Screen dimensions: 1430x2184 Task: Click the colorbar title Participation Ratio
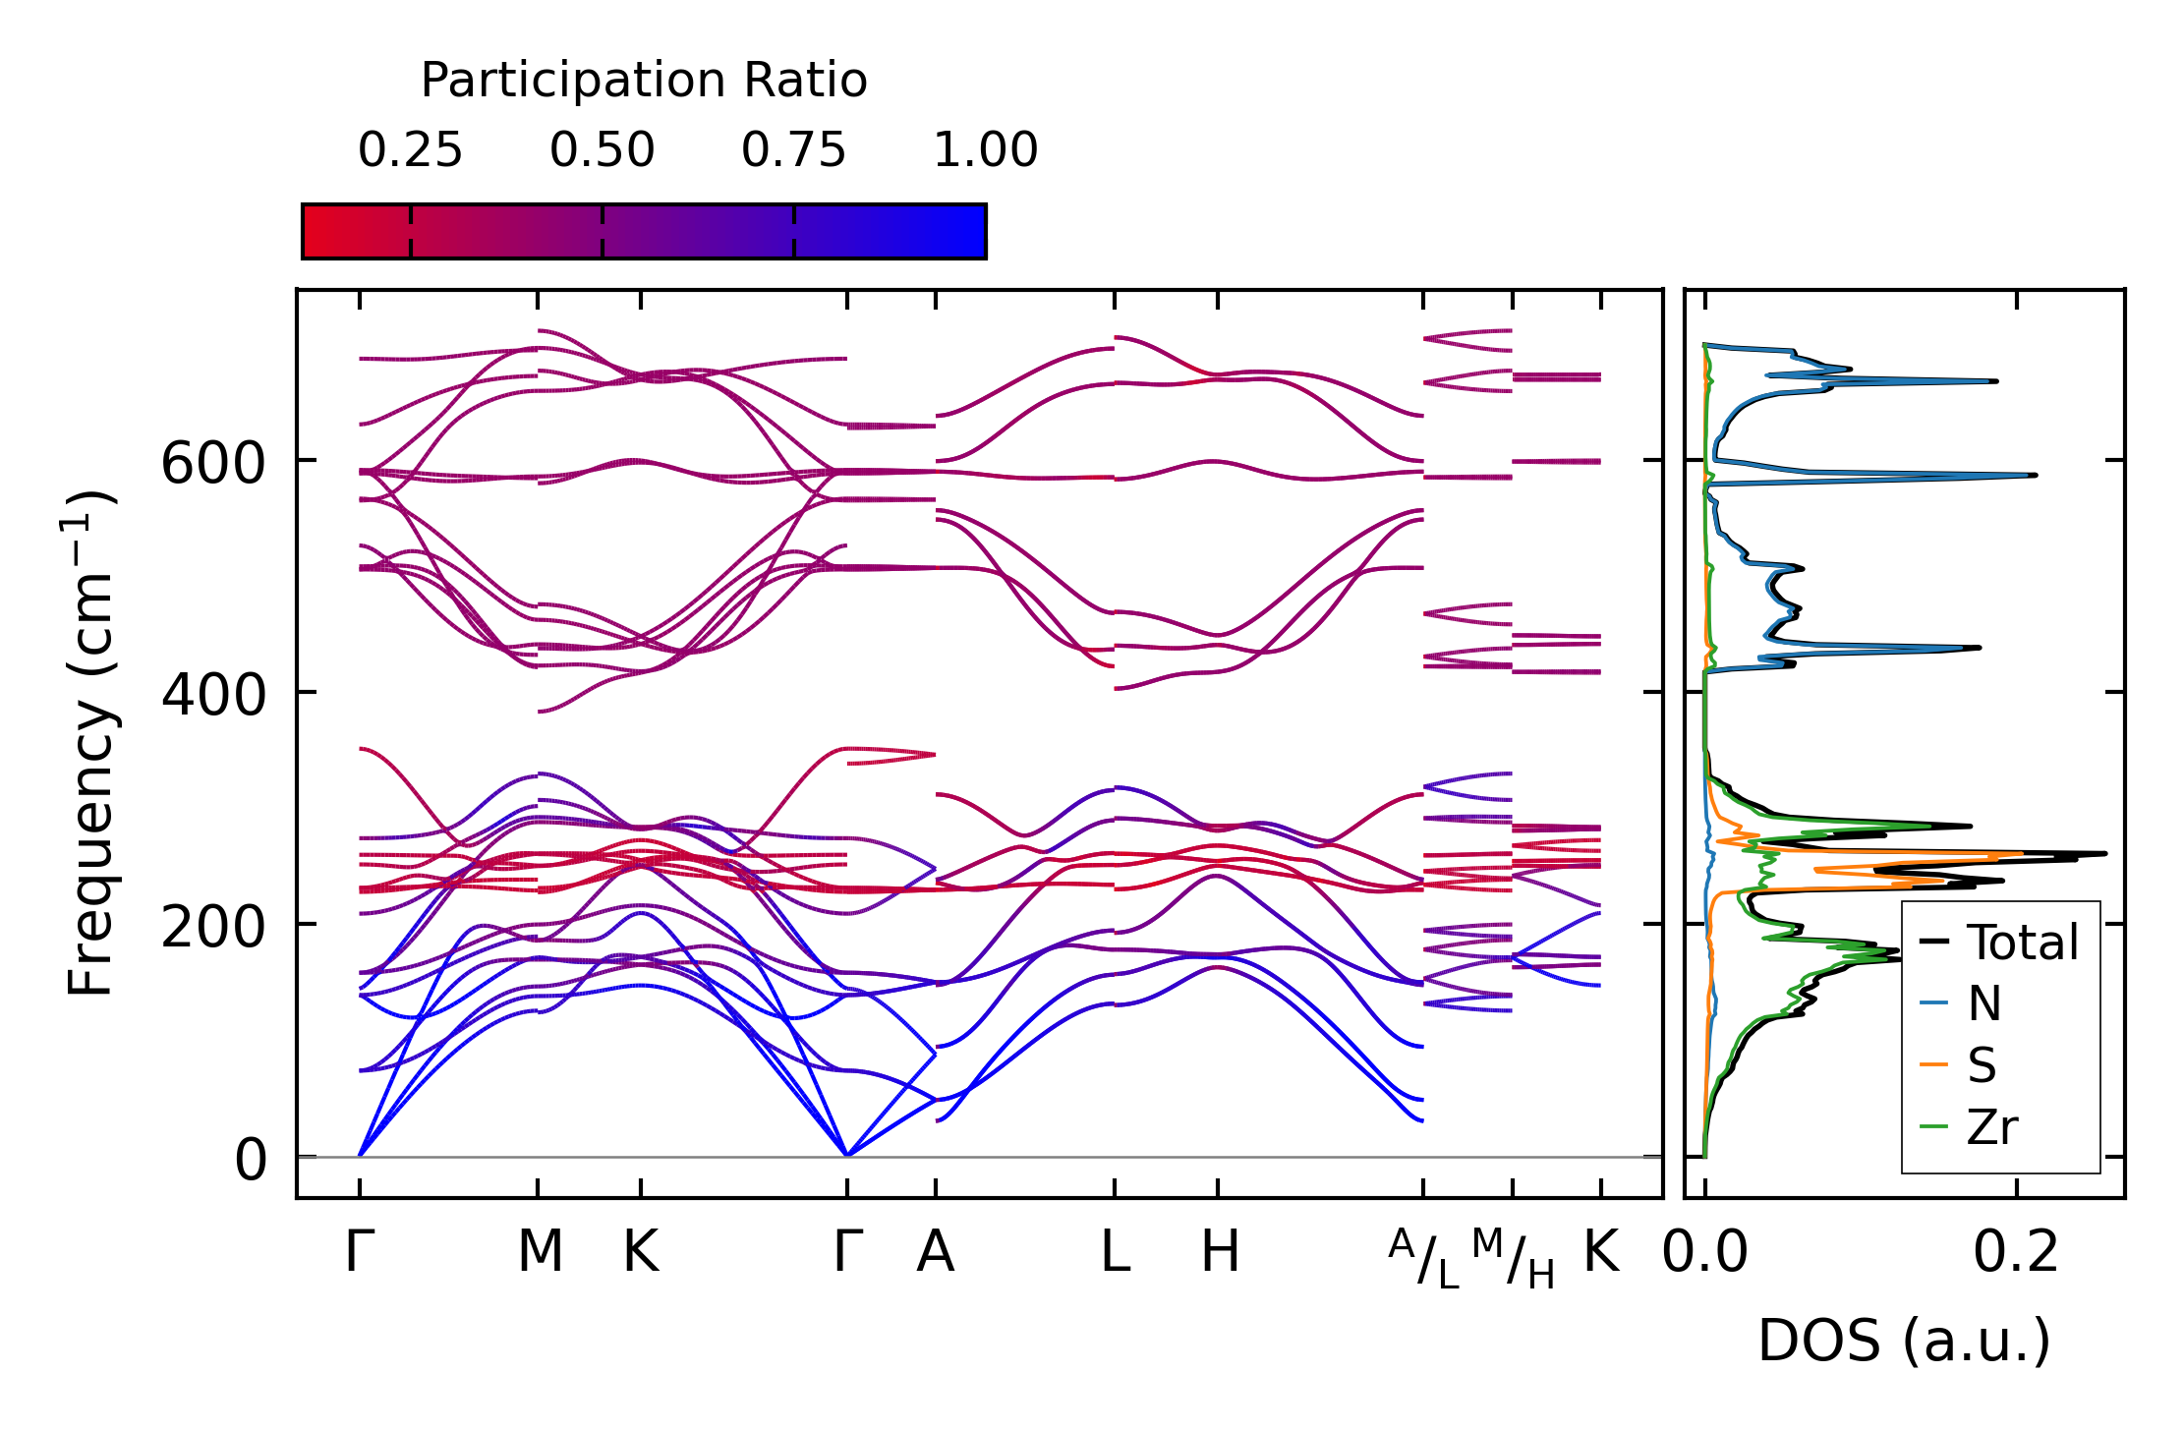coord(644,81)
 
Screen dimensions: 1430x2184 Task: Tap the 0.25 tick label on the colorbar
coord(410,150)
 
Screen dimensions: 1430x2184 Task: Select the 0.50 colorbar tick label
coord(602,150)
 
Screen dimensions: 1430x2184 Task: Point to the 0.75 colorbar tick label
coord(793,150)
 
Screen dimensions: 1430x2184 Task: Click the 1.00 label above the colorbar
coord(985,150)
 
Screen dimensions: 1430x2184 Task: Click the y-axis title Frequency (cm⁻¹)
coord(90,744)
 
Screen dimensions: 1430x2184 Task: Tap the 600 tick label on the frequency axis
coord(213,463)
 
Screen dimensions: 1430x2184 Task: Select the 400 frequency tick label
coord(213,695)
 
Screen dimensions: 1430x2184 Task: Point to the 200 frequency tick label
coord(213,927)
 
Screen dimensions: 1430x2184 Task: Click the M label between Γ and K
coord(540,1252)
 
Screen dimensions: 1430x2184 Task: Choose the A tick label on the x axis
coord(935,1252)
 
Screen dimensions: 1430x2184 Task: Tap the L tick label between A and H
coord(1115,1252)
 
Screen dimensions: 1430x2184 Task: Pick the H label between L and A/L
coord(1220,1252)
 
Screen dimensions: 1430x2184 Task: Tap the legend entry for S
coord(1982,1065)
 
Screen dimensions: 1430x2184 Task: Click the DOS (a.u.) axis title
coord(1904,1342)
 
